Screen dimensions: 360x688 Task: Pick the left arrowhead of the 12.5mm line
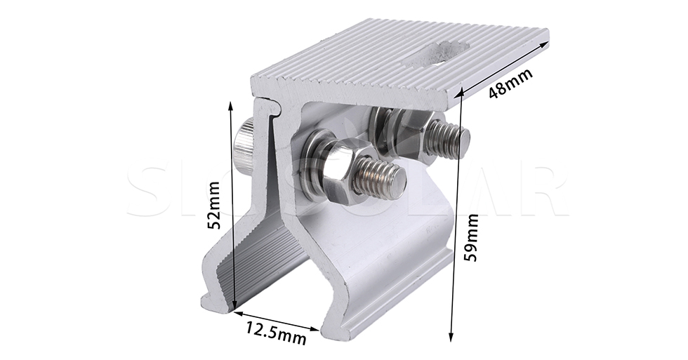click(x=235, y=312)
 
